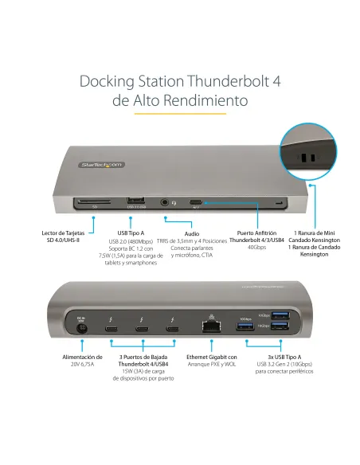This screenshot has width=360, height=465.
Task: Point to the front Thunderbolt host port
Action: (x=196, y=204)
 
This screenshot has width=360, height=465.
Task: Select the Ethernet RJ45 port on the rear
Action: (x=212, y=325)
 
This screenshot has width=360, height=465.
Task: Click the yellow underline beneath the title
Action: (x=179, y=114)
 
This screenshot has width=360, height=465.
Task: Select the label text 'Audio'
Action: (x=192, y=234)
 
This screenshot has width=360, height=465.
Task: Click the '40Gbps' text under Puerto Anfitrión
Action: (x=256, y=247)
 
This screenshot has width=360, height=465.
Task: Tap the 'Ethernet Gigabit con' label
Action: (x=212, y=358)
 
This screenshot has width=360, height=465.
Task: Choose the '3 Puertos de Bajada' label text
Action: (x=143, y=358)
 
